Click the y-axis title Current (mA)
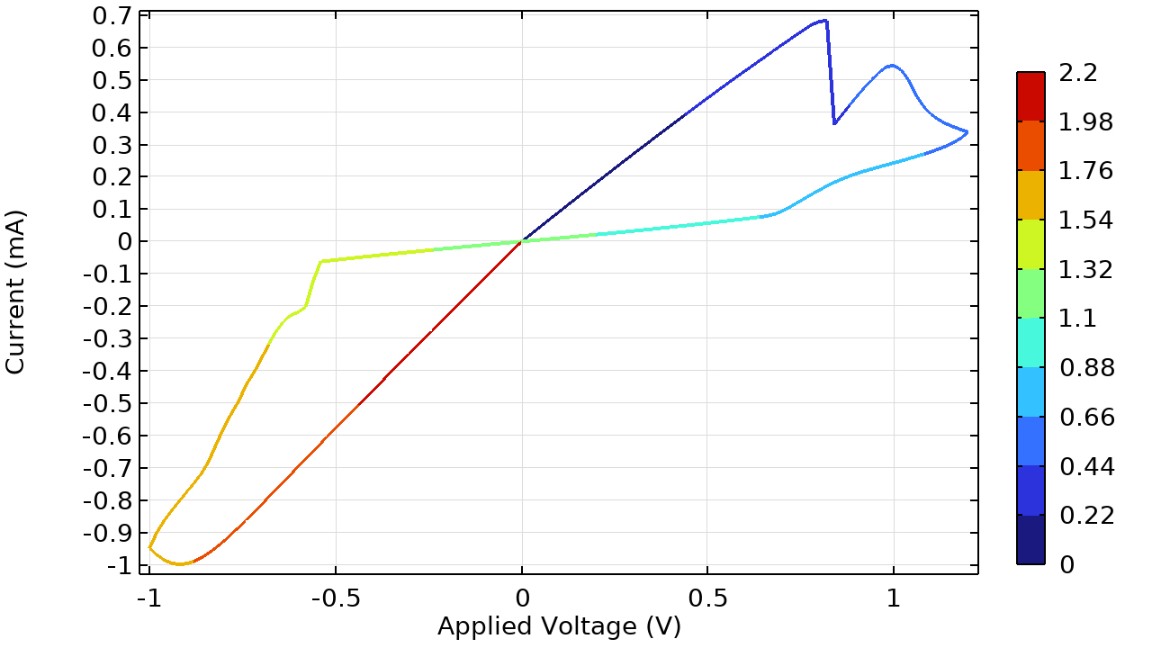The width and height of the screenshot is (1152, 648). pyautogui.click(x=15, y=292)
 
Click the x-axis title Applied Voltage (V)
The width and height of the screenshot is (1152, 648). pyautogui.click(x=559, y=625)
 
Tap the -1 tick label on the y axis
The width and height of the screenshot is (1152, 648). pyautogui.click(x=117, y=566)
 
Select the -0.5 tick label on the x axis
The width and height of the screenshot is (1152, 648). pyautogui.click(x=335, y=599)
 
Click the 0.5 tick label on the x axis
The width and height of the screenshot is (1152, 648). pyautogui.click(x=707, y=599)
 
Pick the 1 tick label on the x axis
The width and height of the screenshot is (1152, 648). pyautogui.click(x=894, y=599)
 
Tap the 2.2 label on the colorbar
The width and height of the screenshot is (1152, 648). pyautogui.click(x=1078, y=73)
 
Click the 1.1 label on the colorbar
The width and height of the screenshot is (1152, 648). pyautogui.click(x=1078, y=319)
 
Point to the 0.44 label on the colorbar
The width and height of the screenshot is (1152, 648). pyautogui.click(x=1086, y=466)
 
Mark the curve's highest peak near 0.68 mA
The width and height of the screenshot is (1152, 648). pyautogui.click(x=823, y=21)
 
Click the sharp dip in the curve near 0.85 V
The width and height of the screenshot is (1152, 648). pyautogui.click(x=835, y=123)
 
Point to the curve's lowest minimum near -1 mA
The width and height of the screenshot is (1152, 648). pyautogui.click(x=181, y=564)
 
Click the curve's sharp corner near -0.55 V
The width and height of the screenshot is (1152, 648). pyautogui.click(x=320, y=261)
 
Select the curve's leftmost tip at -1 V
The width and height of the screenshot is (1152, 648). pyautogui.click(x=149, y=547)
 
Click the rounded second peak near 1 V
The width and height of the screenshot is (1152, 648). pyautogui.click(x=892, y=66)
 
